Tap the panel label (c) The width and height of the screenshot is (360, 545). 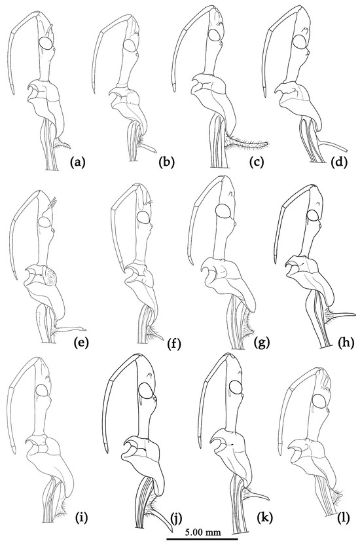[257, 162]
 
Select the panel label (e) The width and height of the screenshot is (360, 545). [82, 343]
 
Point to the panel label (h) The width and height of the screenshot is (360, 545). [346, 343]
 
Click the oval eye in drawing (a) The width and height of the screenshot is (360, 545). [46, 43]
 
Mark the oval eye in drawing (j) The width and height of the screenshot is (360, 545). [146, 390]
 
